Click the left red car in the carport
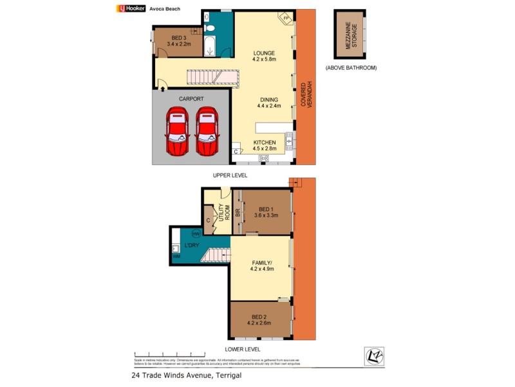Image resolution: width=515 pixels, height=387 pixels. (177, 132)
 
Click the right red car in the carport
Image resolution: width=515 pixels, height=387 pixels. (207, 132)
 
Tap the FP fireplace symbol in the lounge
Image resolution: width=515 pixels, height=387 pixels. (285, 19)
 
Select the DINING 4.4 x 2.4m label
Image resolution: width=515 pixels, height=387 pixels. (268, 103)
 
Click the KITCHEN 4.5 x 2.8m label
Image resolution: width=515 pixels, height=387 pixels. (264, 146)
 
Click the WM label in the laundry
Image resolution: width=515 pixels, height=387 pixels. (176, 257)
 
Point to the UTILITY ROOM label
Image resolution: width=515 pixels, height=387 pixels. (223, 212)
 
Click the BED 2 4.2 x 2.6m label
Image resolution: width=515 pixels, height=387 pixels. (259, 320)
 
